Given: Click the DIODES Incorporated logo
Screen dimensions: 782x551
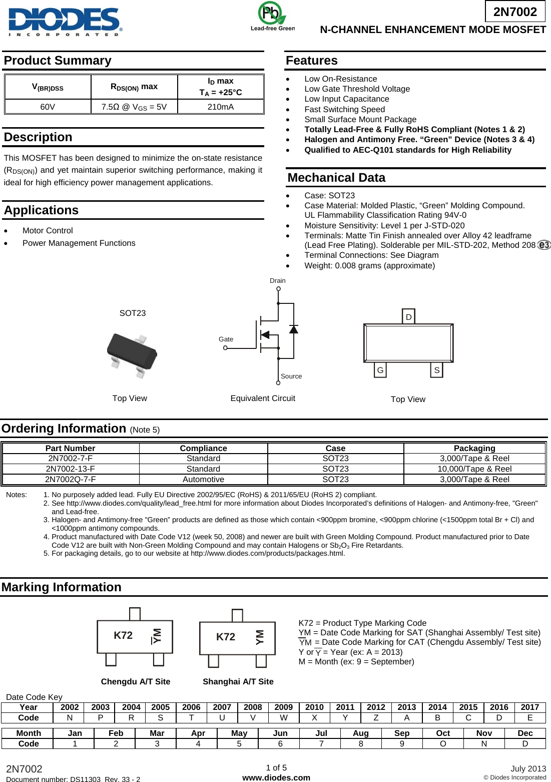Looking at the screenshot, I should pos(65,22).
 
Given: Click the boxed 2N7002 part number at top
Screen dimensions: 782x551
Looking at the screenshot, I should pos(515,12).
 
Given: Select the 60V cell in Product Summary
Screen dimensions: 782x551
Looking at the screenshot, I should pos(48,107).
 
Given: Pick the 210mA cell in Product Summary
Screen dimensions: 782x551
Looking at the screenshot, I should pos(220,107).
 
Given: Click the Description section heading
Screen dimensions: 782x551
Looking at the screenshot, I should pos(38,137).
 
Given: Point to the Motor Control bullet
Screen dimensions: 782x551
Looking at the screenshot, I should pos(48,230).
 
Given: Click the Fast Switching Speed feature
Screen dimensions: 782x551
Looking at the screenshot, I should pos(344,109).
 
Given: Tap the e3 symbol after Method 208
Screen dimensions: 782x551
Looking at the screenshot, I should pos(543,245).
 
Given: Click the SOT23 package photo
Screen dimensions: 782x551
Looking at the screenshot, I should pos(132,354).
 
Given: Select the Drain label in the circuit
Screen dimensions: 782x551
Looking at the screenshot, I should pos(277,280).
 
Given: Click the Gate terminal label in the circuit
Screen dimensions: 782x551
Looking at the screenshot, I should pos(226,339).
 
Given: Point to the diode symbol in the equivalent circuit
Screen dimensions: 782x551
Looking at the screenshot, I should pos(294,329).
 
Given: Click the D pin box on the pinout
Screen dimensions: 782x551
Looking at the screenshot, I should pos(409,316).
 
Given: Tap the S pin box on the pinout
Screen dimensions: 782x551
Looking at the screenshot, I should pos(436,370).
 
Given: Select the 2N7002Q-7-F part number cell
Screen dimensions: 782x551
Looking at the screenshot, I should pos(71,479).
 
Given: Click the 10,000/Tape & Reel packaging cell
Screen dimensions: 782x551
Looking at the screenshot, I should pos(474,469).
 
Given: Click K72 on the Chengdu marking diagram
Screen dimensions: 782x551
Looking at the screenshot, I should pos(123,635).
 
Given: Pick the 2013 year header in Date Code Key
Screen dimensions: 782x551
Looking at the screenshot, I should pos(406,707).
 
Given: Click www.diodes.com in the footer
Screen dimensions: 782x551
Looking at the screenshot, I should pos(276,777).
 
